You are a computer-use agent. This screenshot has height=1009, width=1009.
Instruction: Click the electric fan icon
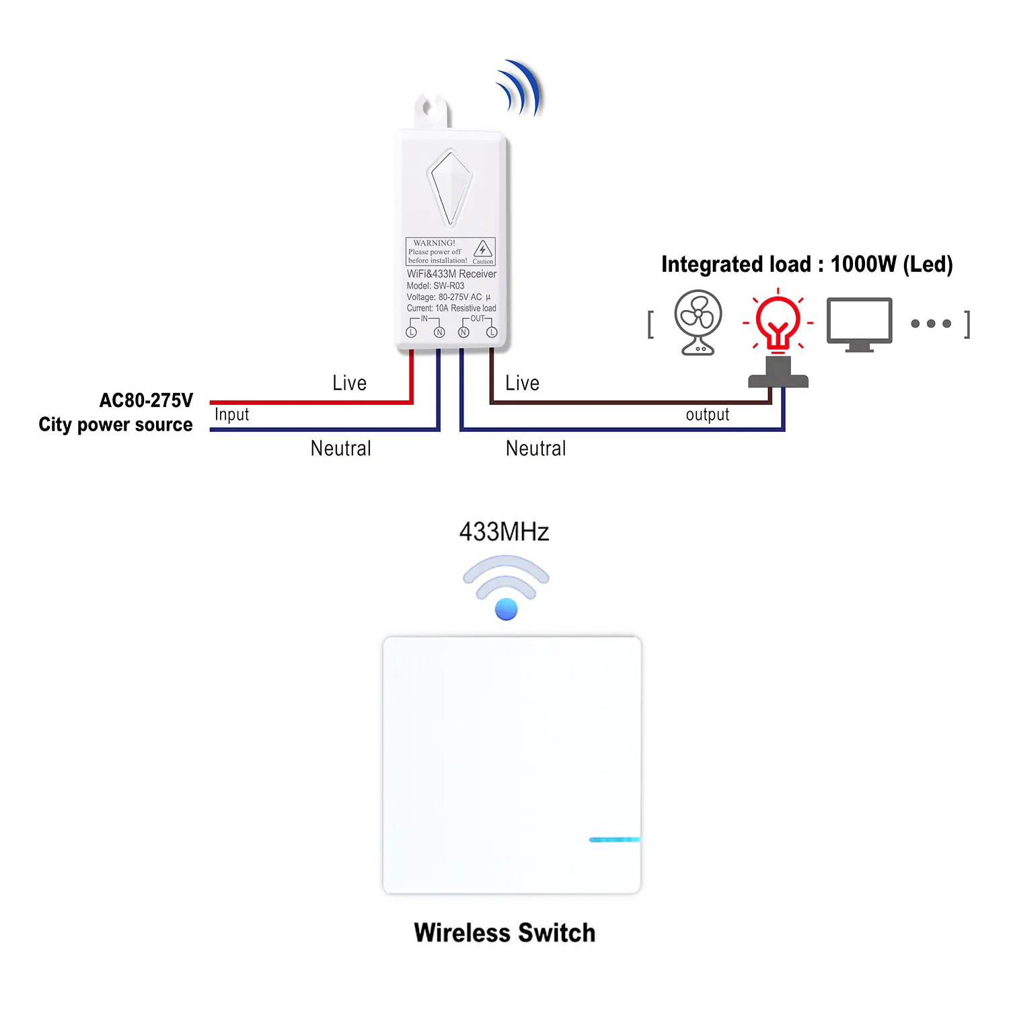pyautogui.click(x=698, y=322)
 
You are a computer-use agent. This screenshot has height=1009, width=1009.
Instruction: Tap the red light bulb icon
pyautogui.click(x=778, y=321)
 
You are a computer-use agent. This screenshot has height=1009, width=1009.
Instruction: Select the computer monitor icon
pyautogui.click(x=860, y=324)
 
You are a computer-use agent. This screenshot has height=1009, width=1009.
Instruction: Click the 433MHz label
pyautogui.click(x=504, y=532)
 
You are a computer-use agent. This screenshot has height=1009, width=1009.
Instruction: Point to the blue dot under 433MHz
pyautogui.click(x=506, y=609)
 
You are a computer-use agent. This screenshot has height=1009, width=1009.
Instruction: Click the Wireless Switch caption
pyautogui.click(x=504, y=933)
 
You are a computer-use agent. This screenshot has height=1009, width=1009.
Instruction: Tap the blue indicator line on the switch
pyautogui.click(x=614, y=839)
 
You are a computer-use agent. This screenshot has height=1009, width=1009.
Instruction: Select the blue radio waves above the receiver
pyautogui.click(x=519, y=88)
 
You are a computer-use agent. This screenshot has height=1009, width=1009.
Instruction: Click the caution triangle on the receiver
pyautogui.click(x=482, y=249)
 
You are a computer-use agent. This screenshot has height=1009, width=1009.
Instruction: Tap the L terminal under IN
pyautogui.click(x=412, y=332)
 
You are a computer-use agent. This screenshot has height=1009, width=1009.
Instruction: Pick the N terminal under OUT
pyautogui.click(x=463, y=332)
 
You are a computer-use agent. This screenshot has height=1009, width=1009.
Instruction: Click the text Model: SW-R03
pyautogui.click(x=435, y=286)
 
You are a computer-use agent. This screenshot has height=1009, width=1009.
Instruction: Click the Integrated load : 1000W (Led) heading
pyautogui.click(x=807, y=264)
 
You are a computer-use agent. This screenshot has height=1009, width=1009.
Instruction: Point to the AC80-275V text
pyautogui.click(x=146, y=401)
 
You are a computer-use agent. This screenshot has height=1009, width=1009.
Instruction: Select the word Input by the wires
pyautogui.click(x=231, y=415)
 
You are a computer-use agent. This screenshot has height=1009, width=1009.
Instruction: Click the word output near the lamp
pyautogui.click(x=708, y=414)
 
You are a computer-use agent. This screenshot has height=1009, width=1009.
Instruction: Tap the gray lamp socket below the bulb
pyautogui.click(x=778, y=373)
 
